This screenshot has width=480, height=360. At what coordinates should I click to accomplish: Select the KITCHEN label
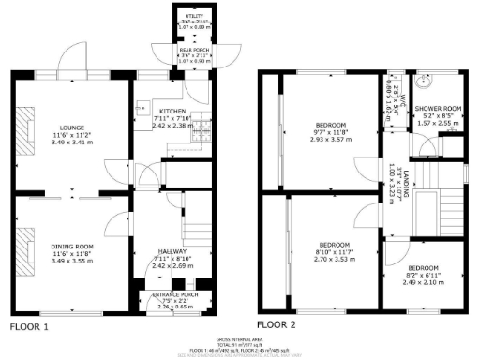point(172,110)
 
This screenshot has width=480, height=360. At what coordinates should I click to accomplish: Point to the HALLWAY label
point(172,251)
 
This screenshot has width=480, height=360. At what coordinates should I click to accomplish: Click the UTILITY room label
point(194,17)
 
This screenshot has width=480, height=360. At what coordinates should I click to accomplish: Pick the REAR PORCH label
point(193,51)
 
